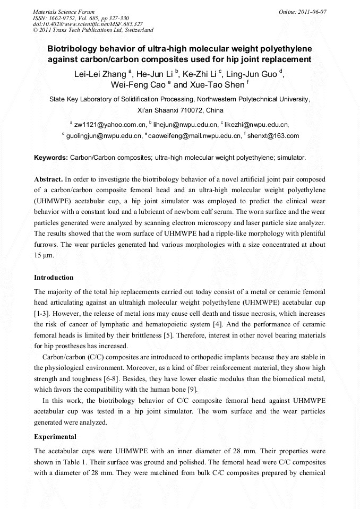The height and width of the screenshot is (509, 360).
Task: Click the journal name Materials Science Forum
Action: click(x=64, y=11)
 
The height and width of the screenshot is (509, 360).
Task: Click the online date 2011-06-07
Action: click(x=307, y=11)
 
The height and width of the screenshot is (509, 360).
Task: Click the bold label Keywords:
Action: click(x=51, y=158)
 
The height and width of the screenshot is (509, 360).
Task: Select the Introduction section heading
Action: click(x=54, y=278)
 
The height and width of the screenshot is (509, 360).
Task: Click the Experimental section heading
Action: click(x=55, y=437)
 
